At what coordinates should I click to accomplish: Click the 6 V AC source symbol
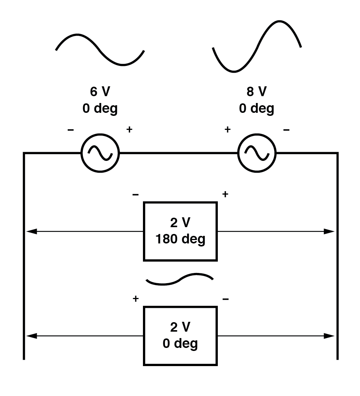click(x=100, y=153)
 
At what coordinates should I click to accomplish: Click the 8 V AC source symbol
click(x=257, y=153)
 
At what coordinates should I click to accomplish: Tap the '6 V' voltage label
click(x=100, y=92)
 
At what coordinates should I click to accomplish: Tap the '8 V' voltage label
click(x=257, y=92)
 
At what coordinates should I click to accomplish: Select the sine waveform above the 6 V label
click(x=100, y=49)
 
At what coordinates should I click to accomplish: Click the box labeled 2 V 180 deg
click(x=180, y=231)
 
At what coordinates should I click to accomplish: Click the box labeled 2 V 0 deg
click(x=180, y=336)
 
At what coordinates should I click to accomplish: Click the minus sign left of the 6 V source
click(x=71, y=130)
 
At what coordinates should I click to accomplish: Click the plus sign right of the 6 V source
click(x=129, y=130)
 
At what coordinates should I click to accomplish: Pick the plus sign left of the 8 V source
click(x=227, y=130)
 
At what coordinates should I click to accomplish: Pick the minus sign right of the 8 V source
click(x=286, y=130)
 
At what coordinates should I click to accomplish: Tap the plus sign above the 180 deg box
click(x=225, y=195)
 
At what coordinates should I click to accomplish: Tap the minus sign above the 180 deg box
click(x=135, y=195)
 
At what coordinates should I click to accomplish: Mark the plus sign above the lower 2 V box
click(x=135, y=299)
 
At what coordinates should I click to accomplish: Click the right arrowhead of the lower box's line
click(x=330, y=336)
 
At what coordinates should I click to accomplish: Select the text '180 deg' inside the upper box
click(x=180, y=239)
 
